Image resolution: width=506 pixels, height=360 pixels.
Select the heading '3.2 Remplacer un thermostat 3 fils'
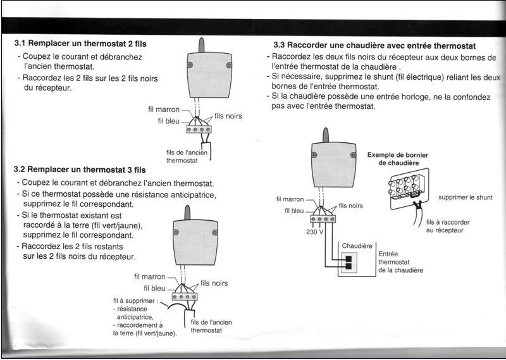point(80,170)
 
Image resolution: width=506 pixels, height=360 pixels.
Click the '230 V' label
point(314,232)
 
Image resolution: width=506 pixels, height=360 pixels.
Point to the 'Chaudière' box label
point(357,245)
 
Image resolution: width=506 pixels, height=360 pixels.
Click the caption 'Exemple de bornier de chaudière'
point(398,158)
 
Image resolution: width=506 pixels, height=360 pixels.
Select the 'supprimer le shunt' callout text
point(465,197)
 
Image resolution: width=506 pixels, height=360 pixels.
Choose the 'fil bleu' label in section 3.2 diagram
point(154,289)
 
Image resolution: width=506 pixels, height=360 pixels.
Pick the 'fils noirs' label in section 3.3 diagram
point(351,206)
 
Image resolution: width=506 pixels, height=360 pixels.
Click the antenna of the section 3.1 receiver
point(201,45)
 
